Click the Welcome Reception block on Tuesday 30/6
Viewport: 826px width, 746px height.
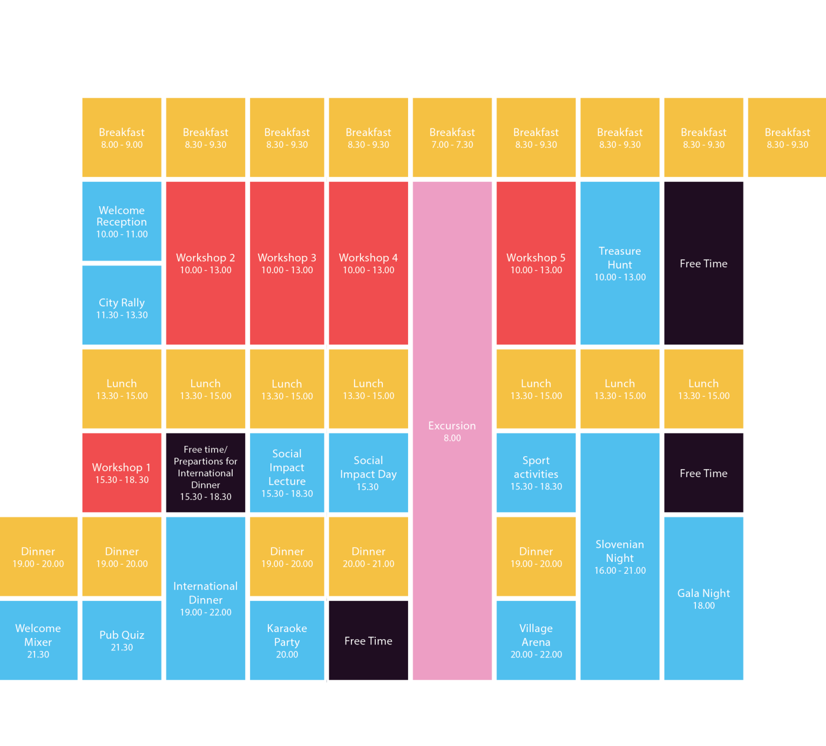click(122, 221)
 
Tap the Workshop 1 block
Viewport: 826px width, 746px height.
click(122, 473)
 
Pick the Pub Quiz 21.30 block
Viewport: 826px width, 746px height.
click(122, 640)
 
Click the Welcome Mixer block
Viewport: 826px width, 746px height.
click(38, 640)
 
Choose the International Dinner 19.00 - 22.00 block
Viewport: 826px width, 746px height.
click(206, 598)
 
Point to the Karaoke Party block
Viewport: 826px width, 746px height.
click(287, 640)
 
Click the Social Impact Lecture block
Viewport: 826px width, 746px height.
click(287, 473)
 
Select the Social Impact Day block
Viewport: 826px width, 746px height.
click(368, 473)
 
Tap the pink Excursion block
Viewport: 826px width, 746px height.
click(452, 431)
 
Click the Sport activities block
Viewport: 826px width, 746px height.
click(536, 473)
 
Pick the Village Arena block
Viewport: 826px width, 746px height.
click(536, 640)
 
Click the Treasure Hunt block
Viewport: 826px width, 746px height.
click(620, 263)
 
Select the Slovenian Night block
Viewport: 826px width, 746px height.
click(620, 557)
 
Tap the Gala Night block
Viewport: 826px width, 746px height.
click(704, 598)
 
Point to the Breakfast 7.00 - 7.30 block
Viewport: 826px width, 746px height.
click(452, 138)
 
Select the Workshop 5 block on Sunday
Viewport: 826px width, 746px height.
click(536, 263)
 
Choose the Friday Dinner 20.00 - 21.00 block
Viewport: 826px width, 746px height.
click(368, 557)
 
